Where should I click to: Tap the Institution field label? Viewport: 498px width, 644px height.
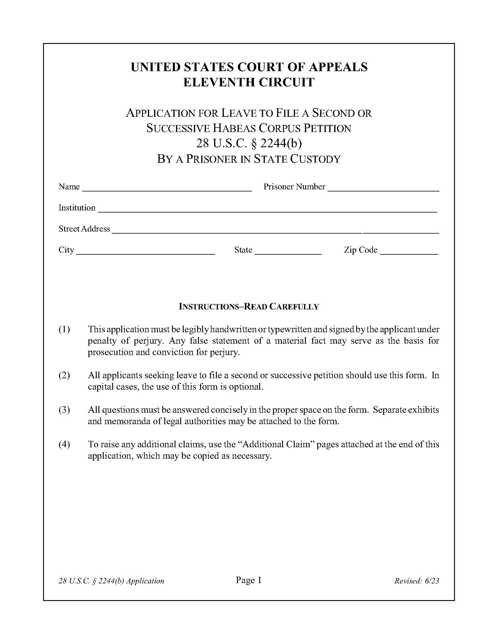77,208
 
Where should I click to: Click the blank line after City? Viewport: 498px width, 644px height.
146,251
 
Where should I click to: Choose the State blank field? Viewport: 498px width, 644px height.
288,251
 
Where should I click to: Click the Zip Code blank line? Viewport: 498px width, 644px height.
409,251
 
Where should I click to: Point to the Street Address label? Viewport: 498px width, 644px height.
84,229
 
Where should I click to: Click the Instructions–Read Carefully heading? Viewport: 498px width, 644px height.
249,307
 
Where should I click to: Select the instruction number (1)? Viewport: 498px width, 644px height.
64,329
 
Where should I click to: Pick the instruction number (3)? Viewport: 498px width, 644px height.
64,410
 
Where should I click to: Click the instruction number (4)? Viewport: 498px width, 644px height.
64,444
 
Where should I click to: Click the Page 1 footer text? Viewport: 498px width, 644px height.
248,580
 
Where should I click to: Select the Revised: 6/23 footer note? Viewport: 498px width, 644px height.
416,581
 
